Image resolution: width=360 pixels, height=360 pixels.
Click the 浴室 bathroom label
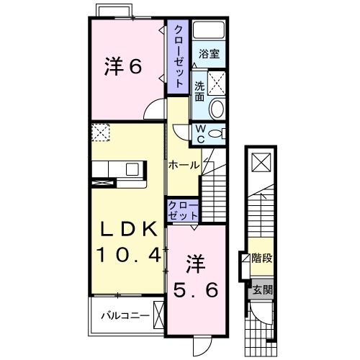(210, 54)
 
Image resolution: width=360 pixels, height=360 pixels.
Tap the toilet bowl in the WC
(219, 133)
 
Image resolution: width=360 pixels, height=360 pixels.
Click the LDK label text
(127, 230)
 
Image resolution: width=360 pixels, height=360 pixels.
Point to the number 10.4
(127, 254)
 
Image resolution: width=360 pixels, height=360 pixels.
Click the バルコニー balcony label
(125, 315)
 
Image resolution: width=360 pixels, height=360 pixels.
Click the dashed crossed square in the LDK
(100, 132)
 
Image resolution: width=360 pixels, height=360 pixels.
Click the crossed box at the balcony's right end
(158, 315)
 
